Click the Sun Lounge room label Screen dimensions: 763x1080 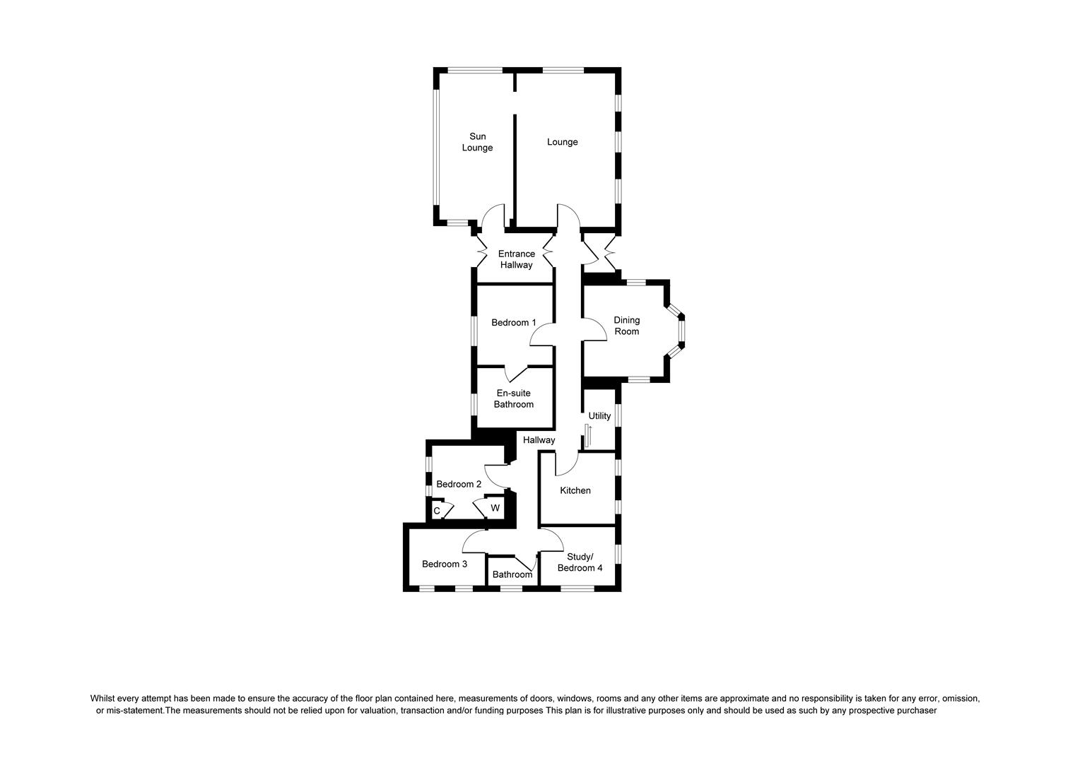tap(477, 142)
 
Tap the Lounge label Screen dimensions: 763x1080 tap(562, 142)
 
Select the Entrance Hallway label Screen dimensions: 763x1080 tap(516, 259)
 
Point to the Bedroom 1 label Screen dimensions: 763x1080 tap(514, 323)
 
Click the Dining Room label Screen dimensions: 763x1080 tap(626, 326)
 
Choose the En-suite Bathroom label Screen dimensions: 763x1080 tap(513, 399)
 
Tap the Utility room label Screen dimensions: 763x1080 tap(599, 416)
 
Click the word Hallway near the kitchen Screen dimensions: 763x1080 tap(539, 440)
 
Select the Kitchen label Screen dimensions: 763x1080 tap(575, 490)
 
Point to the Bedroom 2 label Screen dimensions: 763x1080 tap(459, 484)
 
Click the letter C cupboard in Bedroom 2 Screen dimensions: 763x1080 tap(437, 511)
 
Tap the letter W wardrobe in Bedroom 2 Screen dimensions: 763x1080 tap(495, 508)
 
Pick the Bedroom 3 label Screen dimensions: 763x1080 tap(445, 564)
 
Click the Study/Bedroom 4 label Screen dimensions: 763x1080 tap(580, 562)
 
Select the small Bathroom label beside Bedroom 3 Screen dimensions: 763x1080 tap(512, 574)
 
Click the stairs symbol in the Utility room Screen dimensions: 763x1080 tap(588, 436)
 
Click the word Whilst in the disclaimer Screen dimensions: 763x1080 tap(103, 698)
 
